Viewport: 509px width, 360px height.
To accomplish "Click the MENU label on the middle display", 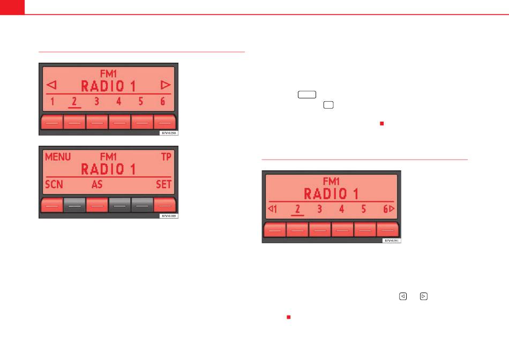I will tap(58, 157).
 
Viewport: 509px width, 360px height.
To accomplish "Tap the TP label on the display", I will tap(167, 157).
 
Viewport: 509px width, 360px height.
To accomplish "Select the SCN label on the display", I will tap(54, 185).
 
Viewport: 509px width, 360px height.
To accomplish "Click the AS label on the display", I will tap(97, 185).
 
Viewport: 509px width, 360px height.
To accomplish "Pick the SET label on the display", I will tap(163, 185).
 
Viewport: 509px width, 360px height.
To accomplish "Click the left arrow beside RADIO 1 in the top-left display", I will tap(51, 85).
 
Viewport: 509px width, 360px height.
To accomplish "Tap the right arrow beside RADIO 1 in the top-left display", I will tap(166, 85).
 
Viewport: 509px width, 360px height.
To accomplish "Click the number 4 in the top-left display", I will tap(119, 101).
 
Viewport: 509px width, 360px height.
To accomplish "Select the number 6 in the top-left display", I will tap(163, 101).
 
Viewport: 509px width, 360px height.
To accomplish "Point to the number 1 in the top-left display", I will tap(52, 101).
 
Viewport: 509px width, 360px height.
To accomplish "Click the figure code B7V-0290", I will tap(168, 132).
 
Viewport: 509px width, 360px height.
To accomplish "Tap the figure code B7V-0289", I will tap(168, 215).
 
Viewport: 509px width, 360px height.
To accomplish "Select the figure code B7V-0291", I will tap(391, 241).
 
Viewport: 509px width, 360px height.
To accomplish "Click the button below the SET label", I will tap(164, 205).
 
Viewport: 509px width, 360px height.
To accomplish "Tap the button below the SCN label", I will tap(52, 205).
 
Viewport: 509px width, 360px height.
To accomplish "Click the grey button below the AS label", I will tap(97, 205).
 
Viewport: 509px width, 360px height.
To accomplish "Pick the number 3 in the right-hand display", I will tap(319, 209).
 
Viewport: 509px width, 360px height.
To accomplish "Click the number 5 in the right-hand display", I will tap(364, 209).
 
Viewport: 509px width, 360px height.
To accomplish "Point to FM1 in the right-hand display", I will tap(331, 181).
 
